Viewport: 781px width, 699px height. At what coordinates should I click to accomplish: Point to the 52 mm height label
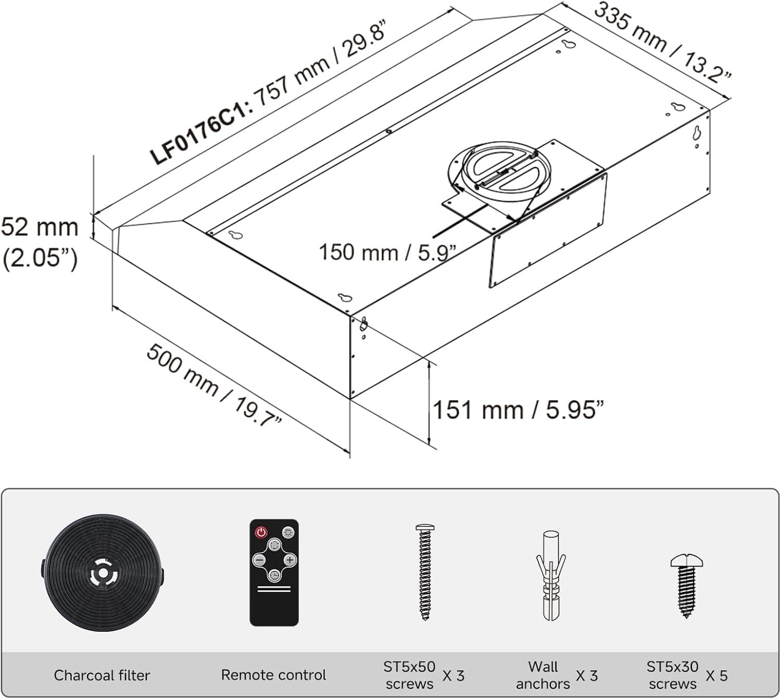(40, 228)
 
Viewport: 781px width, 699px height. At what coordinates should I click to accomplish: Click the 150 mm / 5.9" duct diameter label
(387, 252)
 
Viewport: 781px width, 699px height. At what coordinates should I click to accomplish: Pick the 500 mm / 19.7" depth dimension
(213, 384)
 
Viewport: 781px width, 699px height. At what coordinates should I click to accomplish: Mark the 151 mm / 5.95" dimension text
(518, 410)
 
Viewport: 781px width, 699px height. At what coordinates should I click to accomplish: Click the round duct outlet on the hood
(499, 171)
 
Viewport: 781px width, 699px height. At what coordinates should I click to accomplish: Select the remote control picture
(274, 572)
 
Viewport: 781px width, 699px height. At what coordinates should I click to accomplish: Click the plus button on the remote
(290, 560)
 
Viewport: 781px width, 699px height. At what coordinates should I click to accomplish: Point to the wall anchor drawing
(551, 575)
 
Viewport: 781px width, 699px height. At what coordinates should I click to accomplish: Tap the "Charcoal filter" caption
(102, 675)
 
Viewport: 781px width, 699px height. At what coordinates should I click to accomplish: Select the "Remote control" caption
(273, 675)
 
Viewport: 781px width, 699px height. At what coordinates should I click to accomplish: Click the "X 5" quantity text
(716, 676)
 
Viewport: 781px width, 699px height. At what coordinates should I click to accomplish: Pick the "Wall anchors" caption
(543, 675)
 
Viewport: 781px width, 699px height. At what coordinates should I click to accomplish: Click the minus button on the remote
(259, 560)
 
